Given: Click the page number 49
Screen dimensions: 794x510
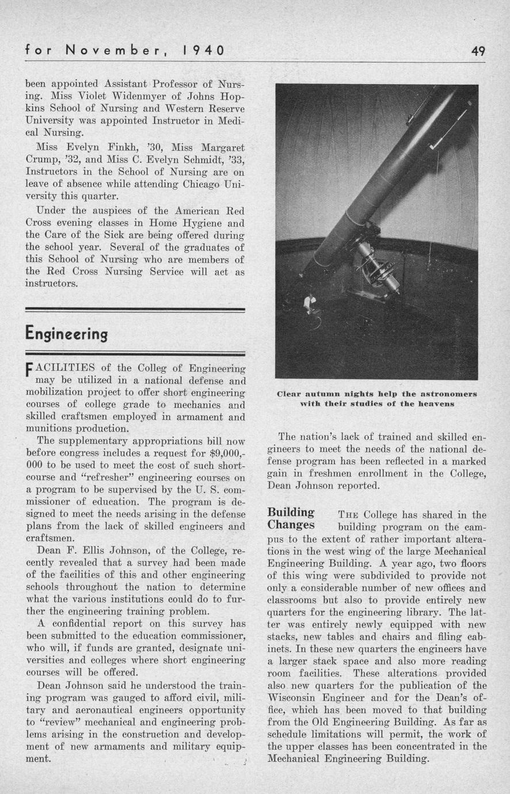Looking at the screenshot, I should tap(478, 50).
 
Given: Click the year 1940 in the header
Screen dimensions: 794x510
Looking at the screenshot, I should tap(203, 50).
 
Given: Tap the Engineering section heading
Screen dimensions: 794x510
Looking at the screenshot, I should tap(66, 334).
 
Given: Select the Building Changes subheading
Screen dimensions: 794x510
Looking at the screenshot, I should tap(291, 518).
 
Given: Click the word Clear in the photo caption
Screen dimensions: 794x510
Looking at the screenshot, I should tap(290, 394).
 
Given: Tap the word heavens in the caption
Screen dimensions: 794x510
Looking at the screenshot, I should tap(436, 404).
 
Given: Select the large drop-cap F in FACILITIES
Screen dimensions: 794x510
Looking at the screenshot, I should tap(30, 371).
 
